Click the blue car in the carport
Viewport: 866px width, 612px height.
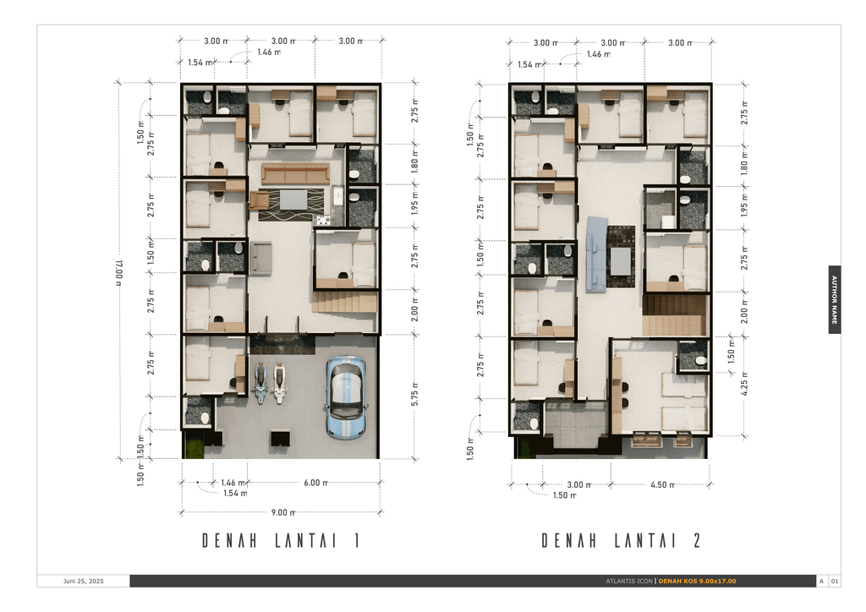click(x=346, y=396)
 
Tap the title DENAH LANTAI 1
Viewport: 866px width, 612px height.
click(x=281, y=541)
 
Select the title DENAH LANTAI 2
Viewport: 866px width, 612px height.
click(x=622, y=541)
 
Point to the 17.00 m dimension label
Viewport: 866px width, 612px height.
click(x=118, y=272)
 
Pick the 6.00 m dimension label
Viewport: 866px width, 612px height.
click(x=315, y=483)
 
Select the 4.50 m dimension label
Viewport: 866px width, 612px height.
click(x=662, y=485)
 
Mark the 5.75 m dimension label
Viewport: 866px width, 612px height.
click(x=414, y=394)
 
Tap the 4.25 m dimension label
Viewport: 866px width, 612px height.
click(x=744, y=384)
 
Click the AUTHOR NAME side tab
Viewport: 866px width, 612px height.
click(x=835, y=299)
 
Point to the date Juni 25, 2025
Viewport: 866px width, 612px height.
click(x=84, y=581)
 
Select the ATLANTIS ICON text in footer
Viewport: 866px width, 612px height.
click(x=629, y=581)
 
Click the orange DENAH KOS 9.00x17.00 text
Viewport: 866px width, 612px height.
click(x=697, y=581)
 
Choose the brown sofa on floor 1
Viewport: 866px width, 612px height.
click(x=295, y=173)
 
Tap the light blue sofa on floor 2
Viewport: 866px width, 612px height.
click(x=596, y=254)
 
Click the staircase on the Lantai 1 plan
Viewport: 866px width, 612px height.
click(x=345, y=303)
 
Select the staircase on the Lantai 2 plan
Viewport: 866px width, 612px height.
click(x=674, y=315)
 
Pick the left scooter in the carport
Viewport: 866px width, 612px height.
click(x=260, y=383)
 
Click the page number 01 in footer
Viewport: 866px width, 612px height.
click(x=835, y=581)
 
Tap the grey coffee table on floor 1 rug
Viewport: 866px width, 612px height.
click(x=293, y=199)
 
